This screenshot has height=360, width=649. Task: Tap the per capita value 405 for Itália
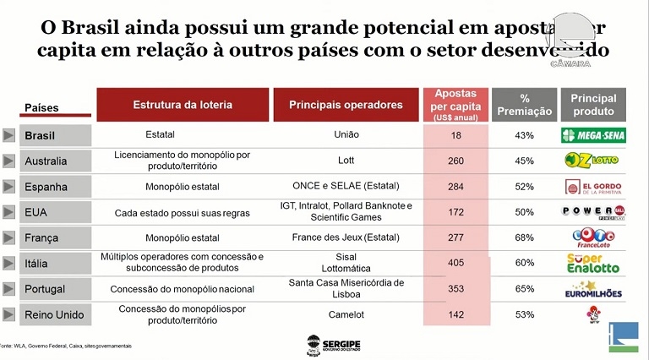(x=456, y=263)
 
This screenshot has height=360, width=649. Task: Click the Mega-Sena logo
(x=592, y=135)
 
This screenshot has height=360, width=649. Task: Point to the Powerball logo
(x=592, y=211)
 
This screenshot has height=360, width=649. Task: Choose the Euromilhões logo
(x=592, y=290)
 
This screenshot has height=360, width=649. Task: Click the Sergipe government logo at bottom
(x=324, y=345)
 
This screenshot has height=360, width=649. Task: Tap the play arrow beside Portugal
(x=9, y=289)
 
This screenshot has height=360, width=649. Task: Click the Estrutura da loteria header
(x=183, y=105)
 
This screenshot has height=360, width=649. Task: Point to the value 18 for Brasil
(x=456, y=135)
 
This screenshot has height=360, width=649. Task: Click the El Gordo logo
(x=592, y=186)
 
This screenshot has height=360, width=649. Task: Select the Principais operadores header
(x=346, y=105)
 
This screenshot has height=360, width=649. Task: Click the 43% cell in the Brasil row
(x=525, y=135)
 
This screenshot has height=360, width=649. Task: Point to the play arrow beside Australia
(x=9, y=161)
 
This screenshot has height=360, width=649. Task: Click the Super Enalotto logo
(x=592, y=263)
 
